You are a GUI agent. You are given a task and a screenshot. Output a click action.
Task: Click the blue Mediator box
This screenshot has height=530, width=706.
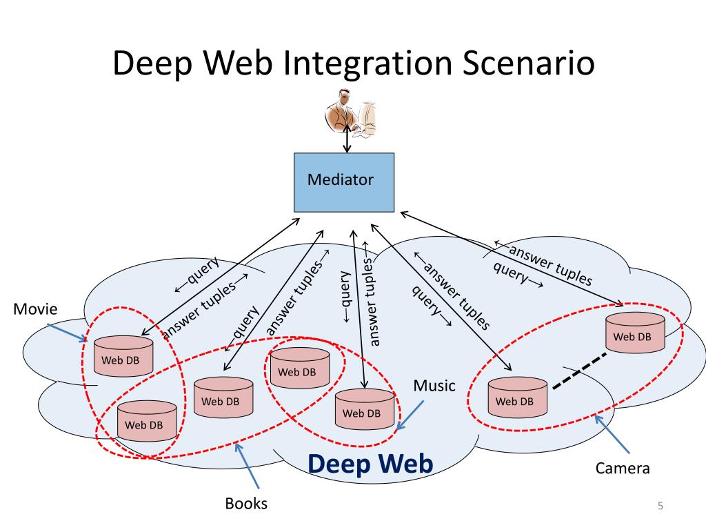(344, 182)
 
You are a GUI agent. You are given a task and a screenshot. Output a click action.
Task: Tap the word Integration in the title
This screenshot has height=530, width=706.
(367, 63)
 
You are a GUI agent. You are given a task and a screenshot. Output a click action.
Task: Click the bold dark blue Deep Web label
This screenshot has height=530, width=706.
(370, 464)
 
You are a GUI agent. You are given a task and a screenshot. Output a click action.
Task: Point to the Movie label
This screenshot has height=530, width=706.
(35, 309)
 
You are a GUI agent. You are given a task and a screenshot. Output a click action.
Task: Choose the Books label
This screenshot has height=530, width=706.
(246, 503)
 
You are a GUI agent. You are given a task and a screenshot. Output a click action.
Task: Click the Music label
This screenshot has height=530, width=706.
(434, 386)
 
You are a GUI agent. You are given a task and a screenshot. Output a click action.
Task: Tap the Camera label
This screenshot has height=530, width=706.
(623, 469)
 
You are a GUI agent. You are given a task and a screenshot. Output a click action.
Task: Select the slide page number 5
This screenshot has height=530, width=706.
(660, 506)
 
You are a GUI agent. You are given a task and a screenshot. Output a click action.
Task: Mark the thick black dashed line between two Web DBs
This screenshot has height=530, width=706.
(579, 371)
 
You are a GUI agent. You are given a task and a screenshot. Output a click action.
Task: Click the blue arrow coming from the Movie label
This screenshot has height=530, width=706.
(67, 333)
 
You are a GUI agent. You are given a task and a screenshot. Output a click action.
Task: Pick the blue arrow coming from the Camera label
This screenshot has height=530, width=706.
(612, 433)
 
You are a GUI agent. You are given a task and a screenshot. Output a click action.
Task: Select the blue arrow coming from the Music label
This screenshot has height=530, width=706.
(410, 415)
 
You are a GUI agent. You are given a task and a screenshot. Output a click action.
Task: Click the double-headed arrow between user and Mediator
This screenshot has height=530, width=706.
(347, 138)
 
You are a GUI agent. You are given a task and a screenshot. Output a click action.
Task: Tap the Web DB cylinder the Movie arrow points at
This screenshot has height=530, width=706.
(123, 356)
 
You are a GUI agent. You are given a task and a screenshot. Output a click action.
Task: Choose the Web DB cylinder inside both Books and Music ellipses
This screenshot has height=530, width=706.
(300, 368)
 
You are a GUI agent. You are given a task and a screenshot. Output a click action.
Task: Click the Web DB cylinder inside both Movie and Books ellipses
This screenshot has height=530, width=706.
(147, 421)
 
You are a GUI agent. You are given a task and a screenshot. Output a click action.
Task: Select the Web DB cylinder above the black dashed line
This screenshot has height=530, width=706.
(635, 333)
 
